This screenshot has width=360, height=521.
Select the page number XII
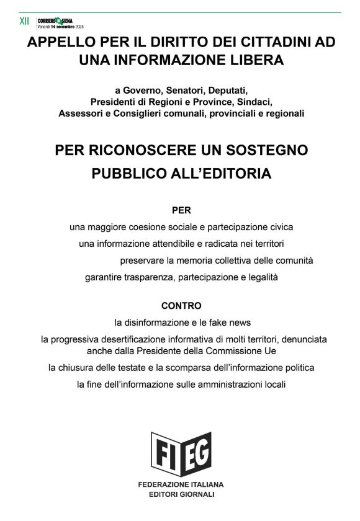pyautogui.click(x=24, y=21)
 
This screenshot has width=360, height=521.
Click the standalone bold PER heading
pyautogui.click(x=181, y=210)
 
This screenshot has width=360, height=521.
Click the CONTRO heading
pyautogui.click(x=181, y=306)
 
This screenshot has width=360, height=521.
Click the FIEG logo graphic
pyautogui.click(x=181, y=454)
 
